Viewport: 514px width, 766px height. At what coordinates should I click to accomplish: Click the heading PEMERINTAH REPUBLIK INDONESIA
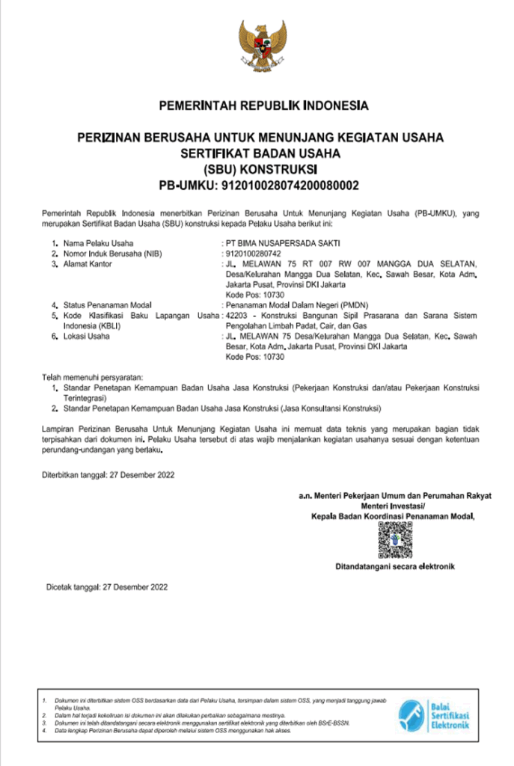(x=263, y=105)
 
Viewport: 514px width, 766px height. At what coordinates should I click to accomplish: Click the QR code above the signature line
(x=394, y=539)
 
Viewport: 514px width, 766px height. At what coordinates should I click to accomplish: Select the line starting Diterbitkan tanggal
(x=109, y=474)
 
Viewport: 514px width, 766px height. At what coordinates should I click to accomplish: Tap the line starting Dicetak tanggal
(x=107, y=587)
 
